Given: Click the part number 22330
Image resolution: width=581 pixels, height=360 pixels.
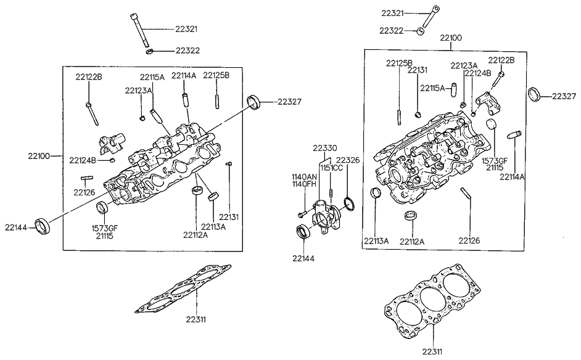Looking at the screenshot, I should click(x=324, y=148).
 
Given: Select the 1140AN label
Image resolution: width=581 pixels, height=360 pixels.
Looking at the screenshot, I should click(x=303, y=177).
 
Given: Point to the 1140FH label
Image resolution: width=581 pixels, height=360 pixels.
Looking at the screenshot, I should click(x=303, y=184).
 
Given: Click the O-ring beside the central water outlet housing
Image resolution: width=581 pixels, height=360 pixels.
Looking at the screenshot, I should click(x=348, y=203).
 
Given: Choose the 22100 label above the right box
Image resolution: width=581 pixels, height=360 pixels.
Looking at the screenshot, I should click(x=451, y=38).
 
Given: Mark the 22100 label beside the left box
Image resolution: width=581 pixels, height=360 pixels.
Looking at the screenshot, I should click(x=39, y=154).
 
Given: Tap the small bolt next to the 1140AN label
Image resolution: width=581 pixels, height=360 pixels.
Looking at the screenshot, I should click(x=302, y=213).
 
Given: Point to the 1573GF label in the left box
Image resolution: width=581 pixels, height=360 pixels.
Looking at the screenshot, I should click(x=104, y=228).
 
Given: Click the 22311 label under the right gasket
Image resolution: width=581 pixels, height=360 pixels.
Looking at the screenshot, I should click(x=434, y=351).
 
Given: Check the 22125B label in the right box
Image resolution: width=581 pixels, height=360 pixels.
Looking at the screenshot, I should click(x=400, y=63).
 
